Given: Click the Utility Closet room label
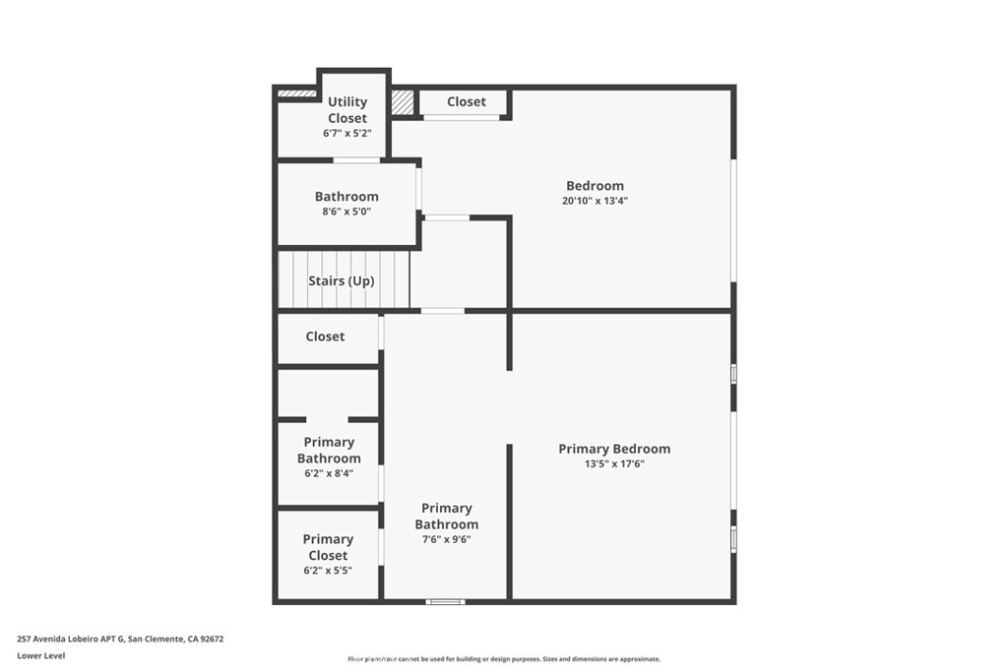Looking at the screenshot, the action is click(x=347, y=110).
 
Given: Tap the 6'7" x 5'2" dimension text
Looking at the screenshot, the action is click(x=347, y=134).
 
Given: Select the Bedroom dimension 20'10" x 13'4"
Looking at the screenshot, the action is click(x=595, y=201).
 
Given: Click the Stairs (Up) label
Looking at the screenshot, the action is click(x=342, y=280).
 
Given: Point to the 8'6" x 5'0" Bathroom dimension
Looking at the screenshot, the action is click(x=346, y=212).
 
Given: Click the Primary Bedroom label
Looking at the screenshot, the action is click(x=614, y=449).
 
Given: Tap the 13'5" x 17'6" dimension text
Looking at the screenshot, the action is click(x=614, y=463).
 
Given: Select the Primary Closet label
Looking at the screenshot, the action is click(x=328, y=547).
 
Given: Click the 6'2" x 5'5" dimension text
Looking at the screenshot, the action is click(x=328, y=571).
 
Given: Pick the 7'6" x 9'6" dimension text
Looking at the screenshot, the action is click(x=446, y=539).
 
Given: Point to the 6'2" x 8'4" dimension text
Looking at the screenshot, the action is click(x=329, y=473).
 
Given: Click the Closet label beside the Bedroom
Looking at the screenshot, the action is click(x=466, y=101).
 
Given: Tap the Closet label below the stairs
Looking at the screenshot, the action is click(x=325, y=336).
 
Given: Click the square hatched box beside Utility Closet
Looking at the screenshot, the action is click(x=403, y=102).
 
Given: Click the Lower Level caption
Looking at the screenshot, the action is click(x=41, y=656).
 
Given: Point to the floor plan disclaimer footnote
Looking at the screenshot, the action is click(x=504, y=659).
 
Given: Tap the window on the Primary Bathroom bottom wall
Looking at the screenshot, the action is click(x=446, y=602).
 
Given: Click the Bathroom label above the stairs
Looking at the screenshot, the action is click(x=346, y=197).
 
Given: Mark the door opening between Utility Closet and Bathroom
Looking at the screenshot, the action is click(x=356, y=160).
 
